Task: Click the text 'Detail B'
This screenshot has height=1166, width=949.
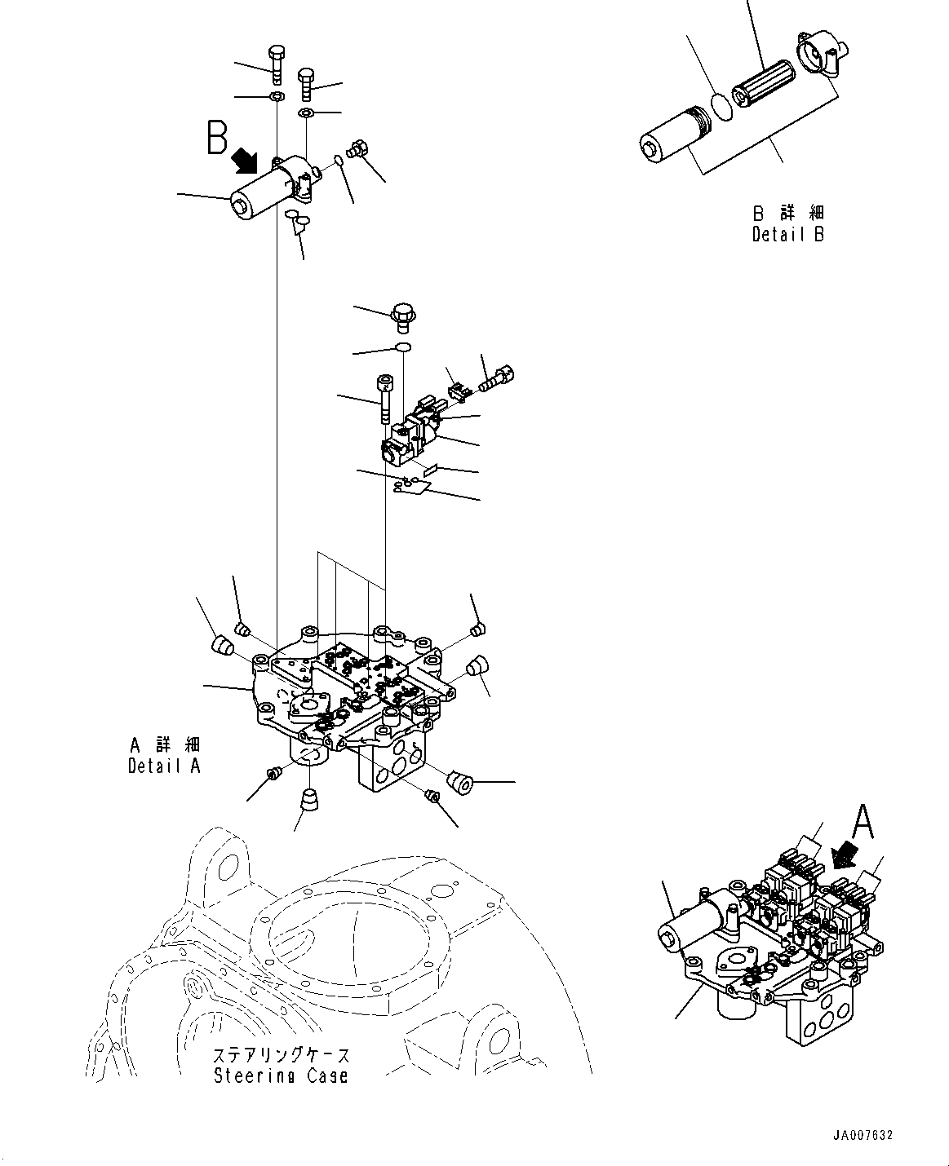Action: click(787, 235)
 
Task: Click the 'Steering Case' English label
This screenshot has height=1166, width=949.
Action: click(281, 1076)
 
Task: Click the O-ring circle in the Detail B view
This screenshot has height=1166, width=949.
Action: click(719, 106)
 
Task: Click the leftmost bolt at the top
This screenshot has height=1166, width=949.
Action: click(276, 63)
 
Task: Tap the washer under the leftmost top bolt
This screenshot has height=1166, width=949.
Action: click(277, 98)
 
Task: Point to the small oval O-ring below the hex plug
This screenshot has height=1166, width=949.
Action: click(402, 349)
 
